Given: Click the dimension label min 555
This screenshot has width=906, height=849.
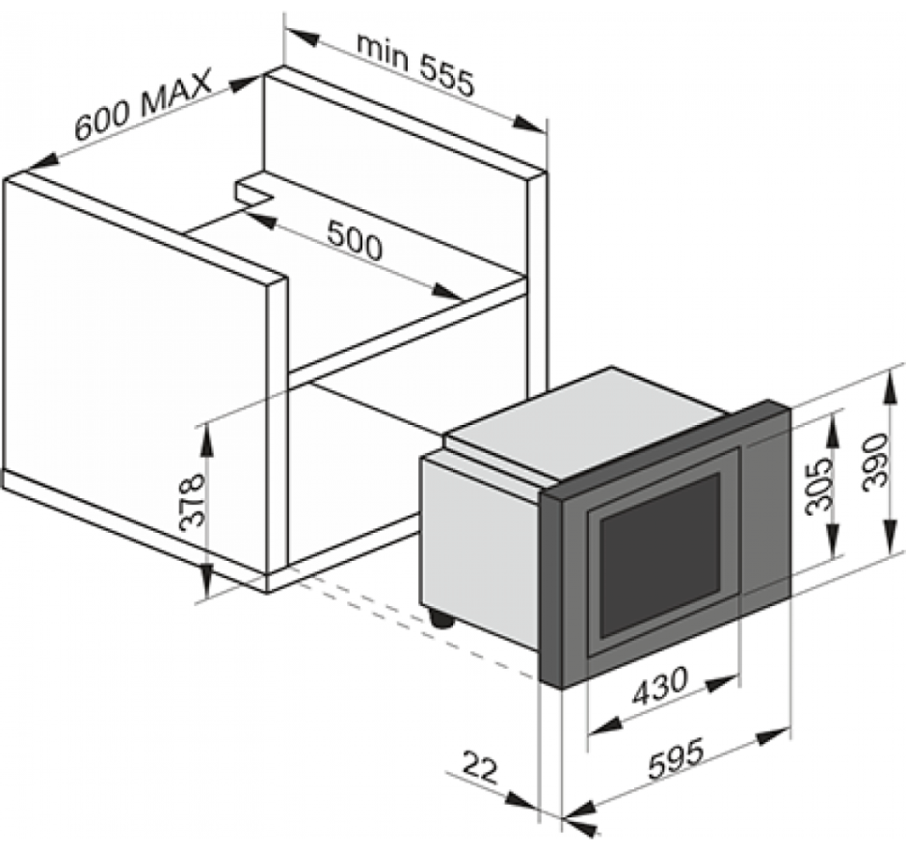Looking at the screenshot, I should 415,62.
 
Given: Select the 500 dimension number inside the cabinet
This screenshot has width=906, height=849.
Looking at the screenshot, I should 354,241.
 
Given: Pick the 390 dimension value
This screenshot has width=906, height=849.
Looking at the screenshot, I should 874,463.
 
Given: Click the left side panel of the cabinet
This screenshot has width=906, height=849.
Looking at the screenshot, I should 135,366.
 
